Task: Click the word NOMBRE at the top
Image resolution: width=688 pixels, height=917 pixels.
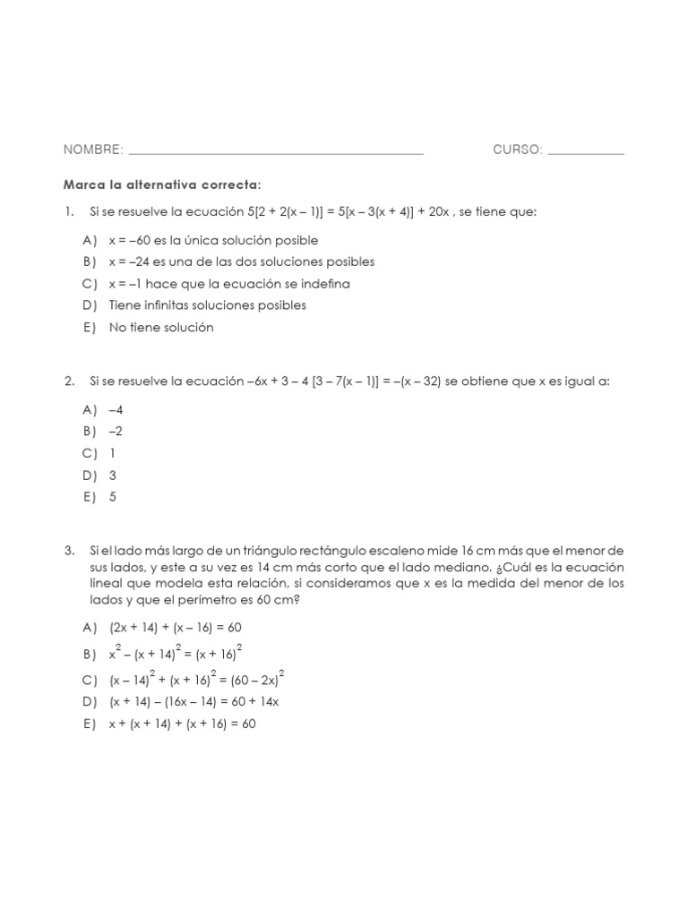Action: tap(92, 150)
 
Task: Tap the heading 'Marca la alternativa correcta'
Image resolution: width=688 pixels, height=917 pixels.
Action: tap(161, 184)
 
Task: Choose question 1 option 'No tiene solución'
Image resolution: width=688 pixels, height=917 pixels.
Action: tap(161, 327)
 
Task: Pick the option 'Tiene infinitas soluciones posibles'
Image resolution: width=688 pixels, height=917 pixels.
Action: tap(207, 305)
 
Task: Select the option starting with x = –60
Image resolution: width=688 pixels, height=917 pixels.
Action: tap(213, 240)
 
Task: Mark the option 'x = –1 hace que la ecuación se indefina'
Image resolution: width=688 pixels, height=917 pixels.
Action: tap(229, 284)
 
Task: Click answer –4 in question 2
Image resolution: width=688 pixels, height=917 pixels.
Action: tap(116, 409)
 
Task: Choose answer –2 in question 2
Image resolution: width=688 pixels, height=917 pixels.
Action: tap(116, 431)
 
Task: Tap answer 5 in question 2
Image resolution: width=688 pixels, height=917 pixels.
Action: tap(113, 497)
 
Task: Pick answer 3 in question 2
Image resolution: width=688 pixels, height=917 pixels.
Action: tap(113, 476)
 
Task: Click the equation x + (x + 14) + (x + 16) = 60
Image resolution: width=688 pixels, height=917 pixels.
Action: tap(182, 724)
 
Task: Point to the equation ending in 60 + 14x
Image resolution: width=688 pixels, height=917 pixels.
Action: tap(194, 701)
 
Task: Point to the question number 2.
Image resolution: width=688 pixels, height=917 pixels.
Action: tap(69, 381)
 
